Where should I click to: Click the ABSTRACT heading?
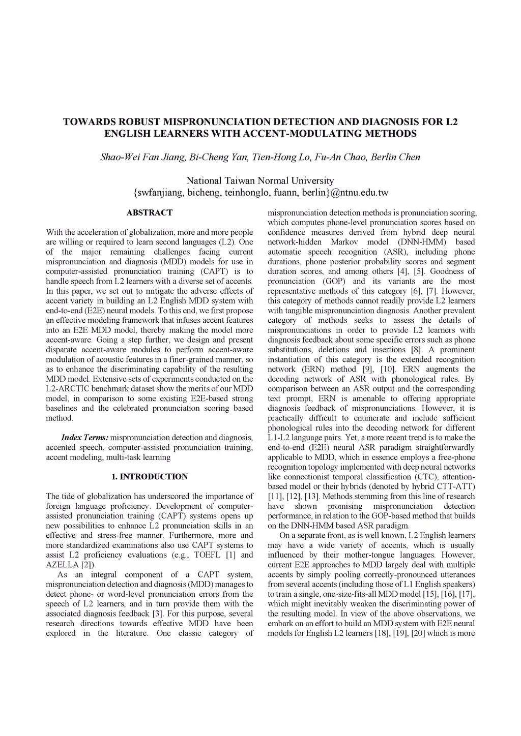point(149,212)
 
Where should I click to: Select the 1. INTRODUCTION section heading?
point(150,477)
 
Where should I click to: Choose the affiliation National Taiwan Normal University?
point(260,180)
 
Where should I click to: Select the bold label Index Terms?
point(84,438)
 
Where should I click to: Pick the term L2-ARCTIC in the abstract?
point(68,389)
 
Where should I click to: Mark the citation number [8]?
point(415,350)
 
